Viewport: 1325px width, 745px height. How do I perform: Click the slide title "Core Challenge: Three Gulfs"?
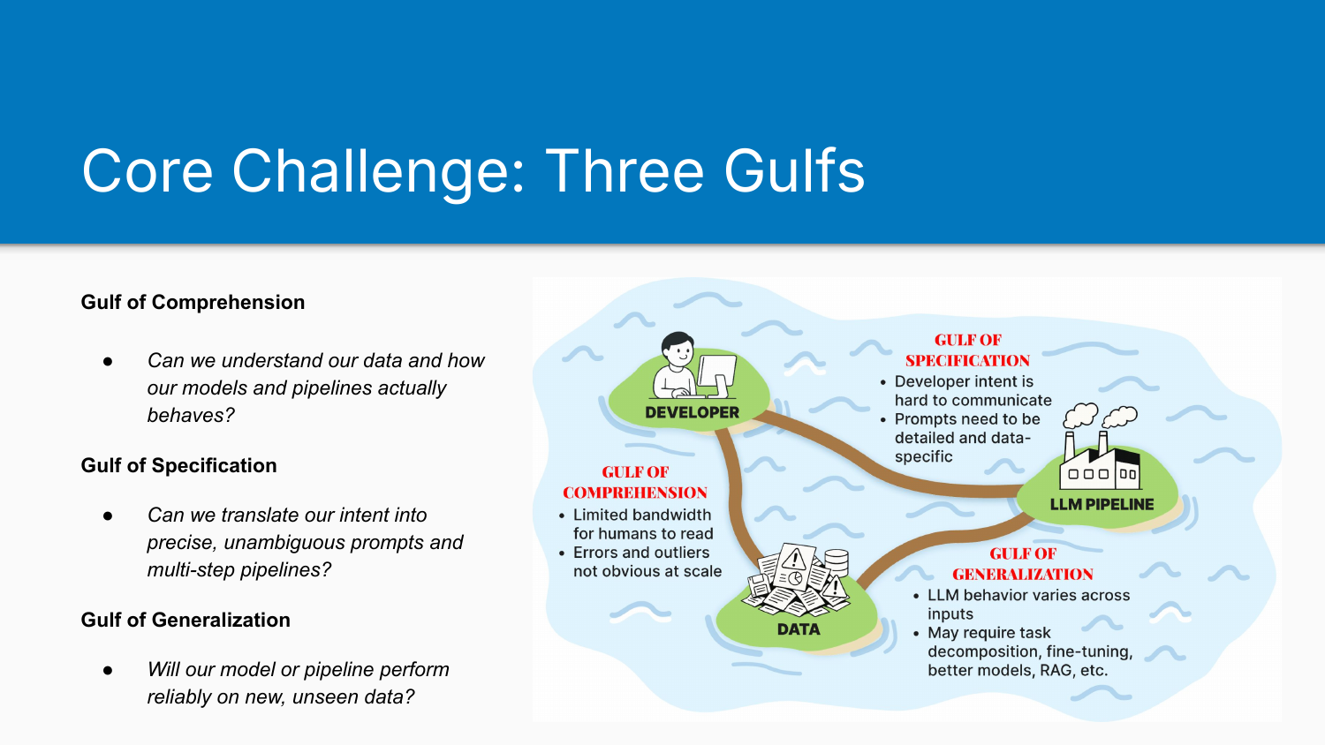[x=473, y=170]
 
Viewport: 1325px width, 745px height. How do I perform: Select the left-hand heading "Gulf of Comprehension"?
[x=193, y=302]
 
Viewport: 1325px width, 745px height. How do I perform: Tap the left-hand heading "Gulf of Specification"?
[x=178, y=465]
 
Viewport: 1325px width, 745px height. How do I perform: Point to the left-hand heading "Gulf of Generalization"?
[x=185, y=620]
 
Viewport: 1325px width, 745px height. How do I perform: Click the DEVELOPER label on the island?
[x=692, y=412]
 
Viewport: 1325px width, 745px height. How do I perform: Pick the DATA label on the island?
[x=799, y=629]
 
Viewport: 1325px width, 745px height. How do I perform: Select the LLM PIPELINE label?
[x=1102, y=504]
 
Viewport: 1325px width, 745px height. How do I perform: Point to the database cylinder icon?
[x=835, y=562]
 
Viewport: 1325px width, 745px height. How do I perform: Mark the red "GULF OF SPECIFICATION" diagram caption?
[x=967, y=350]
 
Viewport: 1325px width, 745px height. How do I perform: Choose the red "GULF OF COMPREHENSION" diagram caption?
[x=635, y=483]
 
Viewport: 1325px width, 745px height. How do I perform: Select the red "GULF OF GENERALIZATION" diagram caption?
[x=1022, y=564]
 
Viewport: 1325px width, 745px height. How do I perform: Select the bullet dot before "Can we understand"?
[x=108, y=361]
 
